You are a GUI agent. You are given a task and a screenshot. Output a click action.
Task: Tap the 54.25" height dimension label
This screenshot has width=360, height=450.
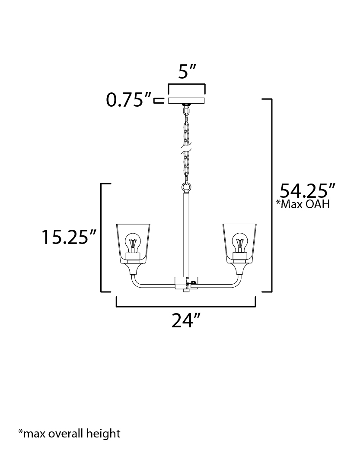[x=307, y=190]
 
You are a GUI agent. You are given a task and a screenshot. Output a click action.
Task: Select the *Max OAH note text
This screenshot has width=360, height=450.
[x=303, y=204]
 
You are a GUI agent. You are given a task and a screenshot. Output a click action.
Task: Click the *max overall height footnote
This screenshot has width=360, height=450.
[x=69, y=433]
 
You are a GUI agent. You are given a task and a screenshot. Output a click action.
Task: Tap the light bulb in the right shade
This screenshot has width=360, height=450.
[x=240, y=243]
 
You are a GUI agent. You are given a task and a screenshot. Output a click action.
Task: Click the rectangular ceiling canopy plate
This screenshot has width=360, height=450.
[x=186, y=101]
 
